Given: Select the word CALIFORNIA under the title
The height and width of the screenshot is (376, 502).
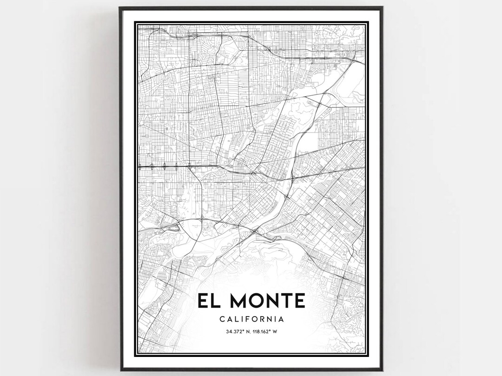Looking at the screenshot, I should point(251,319).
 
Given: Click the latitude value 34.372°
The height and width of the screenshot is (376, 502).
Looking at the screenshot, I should point(236,331).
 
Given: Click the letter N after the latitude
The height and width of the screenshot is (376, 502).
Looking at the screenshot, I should point(249,331).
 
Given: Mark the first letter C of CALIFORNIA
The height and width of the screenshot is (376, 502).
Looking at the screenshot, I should point(221,319).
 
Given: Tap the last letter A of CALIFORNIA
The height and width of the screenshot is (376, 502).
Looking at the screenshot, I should point(282,319).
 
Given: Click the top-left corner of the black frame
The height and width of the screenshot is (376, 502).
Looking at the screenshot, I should point(119,7).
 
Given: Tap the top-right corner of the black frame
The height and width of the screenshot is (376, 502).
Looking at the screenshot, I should point(383,7).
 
